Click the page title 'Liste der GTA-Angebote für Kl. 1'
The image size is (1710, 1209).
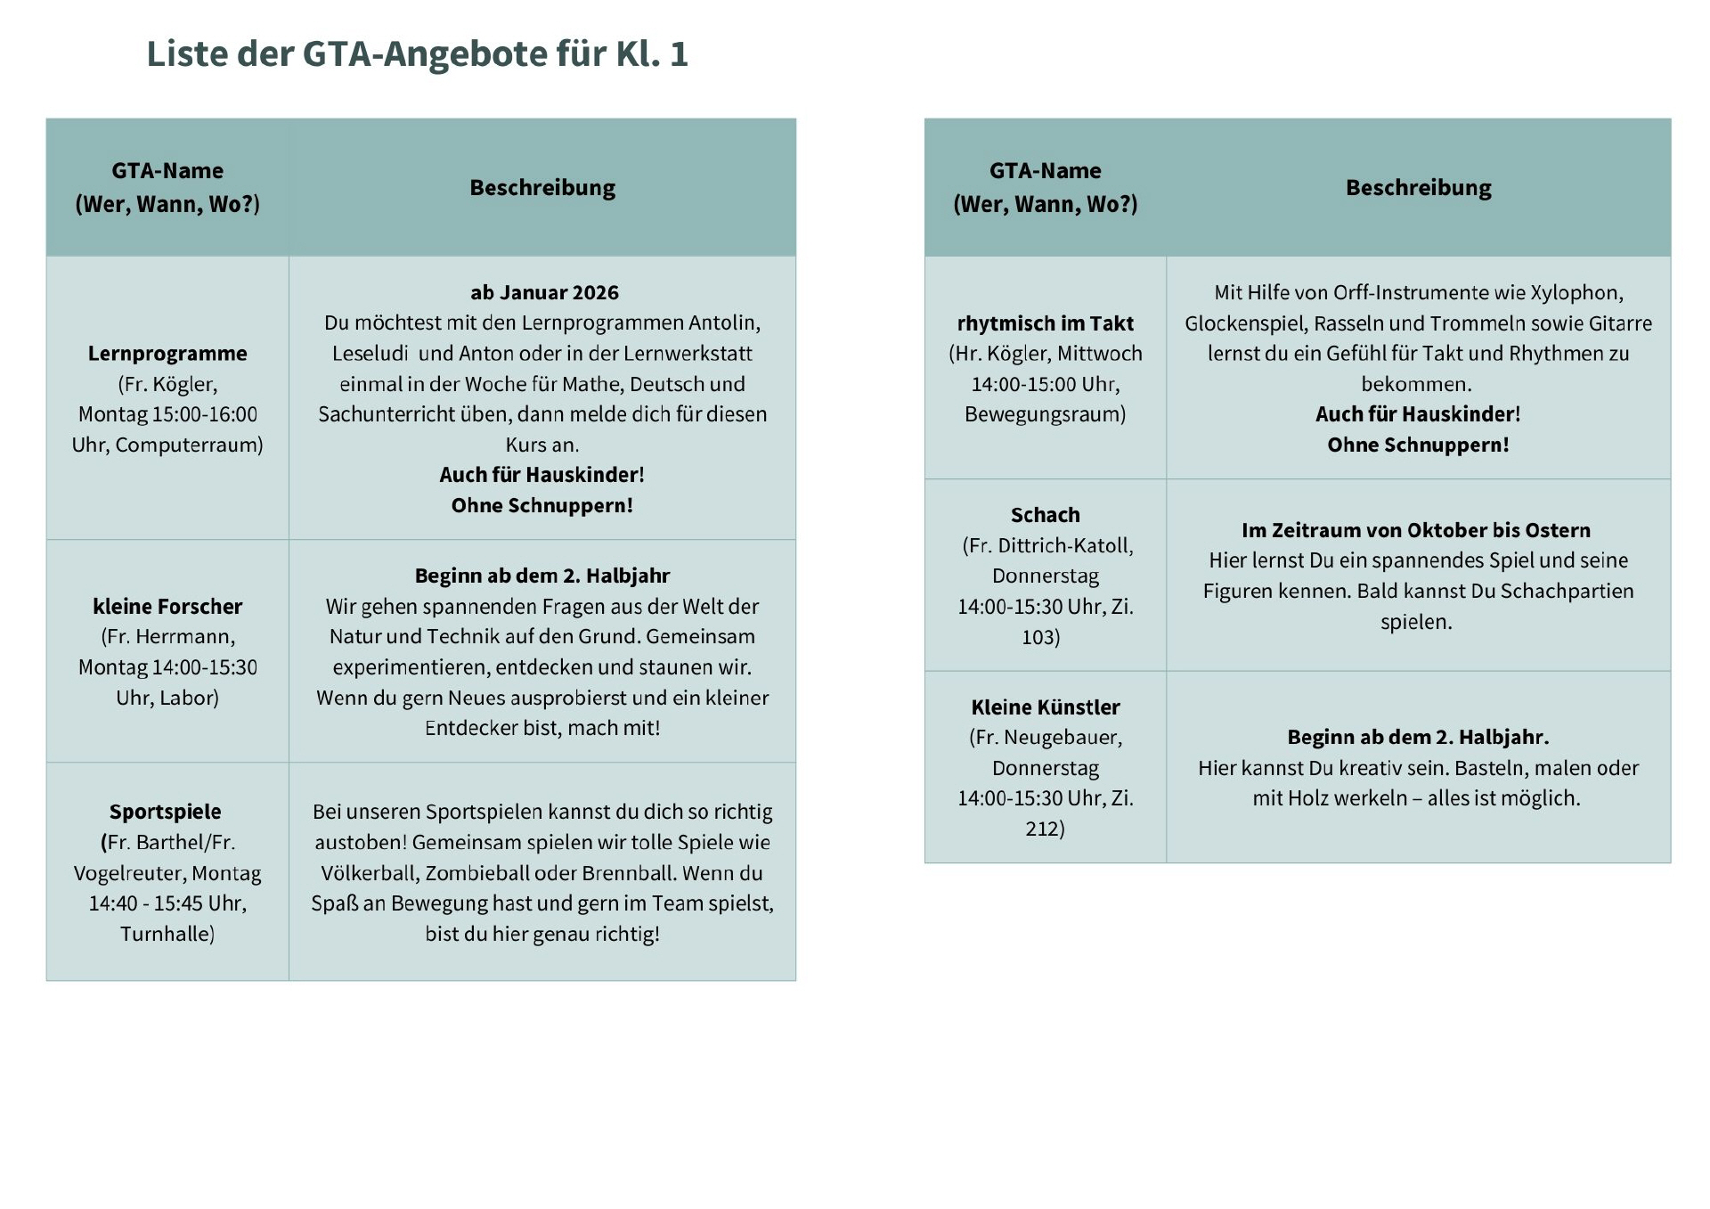click(417, 54)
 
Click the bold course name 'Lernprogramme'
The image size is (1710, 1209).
click(167, 354)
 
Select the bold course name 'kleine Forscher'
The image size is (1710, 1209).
click(167, 607)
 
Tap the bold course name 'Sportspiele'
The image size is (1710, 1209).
click(166, 812)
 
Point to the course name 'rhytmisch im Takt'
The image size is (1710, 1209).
click(1045, 323)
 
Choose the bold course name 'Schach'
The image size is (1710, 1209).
click(1045, 515)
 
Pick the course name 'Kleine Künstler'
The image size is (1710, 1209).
click(1045, 707)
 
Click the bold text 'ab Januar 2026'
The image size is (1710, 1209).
click(544, 292)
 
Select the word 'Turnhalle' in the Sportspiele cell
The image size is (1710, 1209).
click(167, 934)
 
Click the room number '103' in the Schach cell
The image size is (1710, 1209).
click(1039, 637)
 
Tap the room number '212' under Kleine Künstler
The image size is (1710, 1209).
click(1043, 829)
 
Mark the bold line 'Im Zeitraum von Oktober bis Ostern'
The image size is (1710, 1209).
click(1415, 530)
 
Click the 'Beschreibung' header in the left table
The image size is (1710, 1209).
click(542, 187)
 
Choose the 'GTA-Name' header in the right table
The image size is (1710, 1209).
click(1045, 170)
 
